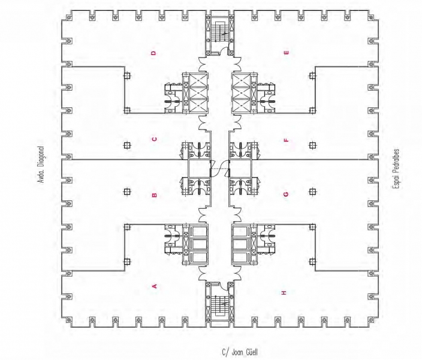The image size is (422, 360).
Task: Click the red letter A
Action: [x=155, y=286]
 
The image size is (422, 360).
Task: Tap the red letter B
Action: [x=155, y=195]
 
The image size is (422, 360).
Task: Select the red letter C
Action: [x=154, y=139]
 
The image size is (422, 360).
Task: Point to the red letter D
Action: [x=153, y=53]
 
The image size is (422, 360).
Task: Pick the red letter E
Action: [x=287, y=53]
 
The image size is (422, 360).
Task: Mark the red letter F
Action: [x=287, y=140]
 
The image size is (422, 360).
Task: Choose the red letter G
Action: [x=286, y=194]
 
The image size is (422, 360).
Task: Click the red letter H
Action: [x=284, y=293]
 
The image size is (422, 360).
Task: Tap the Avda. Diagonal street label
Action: [x=41, y=165]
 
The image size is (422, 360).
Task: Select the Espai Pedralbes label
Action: [x=396, y=169]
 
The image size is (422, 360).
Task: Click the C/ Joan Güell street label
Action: [x=240, y=352]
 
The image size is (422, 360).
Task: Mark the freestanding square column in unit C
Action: [x=127, y=146]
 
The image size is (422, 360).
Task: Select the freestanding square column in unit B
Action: [x=127, y=192]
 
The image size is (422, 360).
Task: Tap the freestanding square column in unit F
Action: [x=312, y=146]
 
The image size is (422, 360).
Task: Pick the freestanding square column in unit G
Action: [x=312, y=192]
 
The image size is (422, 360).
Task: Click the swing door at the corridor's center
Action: [x=219, y=169]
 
